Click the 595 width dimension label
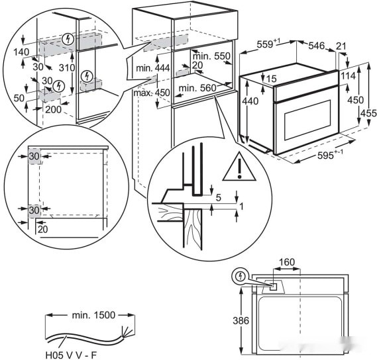330,154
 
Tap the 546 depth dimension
317,46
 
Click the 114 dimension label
348,76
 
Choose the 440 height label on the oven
250,101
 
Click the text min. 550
211,56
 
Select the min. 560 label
197,88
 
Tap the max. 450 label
152,93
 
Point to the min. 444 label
153,68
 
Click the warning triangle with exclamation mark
239,167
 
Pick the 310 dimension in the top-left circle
67,67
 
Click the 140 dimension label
21,52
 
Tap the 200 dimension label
54,109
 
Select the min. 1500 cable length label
94,315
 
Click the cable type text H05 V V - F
72,355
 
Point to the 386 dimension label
241,320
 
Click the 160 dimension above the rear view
287,262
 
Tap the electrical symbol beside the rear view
240,277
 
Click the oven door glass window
307,120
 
